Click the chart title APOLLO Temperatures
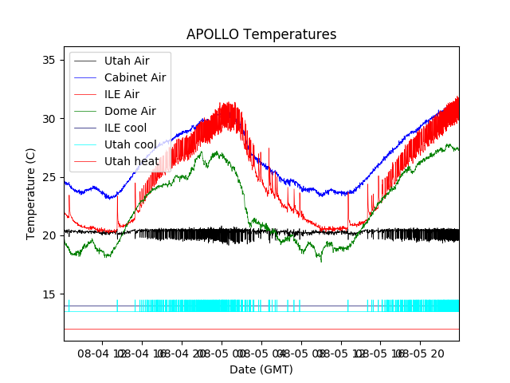click(261, 35)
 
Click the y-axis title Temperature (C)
click(31, 193)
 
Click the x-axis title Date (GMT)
click(261, 369)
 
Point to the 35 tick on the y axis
click(50, 61)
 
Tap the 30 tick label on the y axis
click(50, 119)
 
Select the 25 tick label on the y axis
click(50, 177)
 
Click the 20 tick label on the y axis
click(50, 235)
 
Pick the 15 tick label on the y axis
click(50, 294)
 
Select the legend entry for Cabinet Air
click(135, 77)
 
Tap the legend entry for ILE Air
click(121, 94)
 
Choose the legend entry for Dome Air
click(130, 111)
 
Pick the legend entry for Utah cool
click(130, 144)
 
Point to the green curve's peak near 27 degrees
click(216, 152)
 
